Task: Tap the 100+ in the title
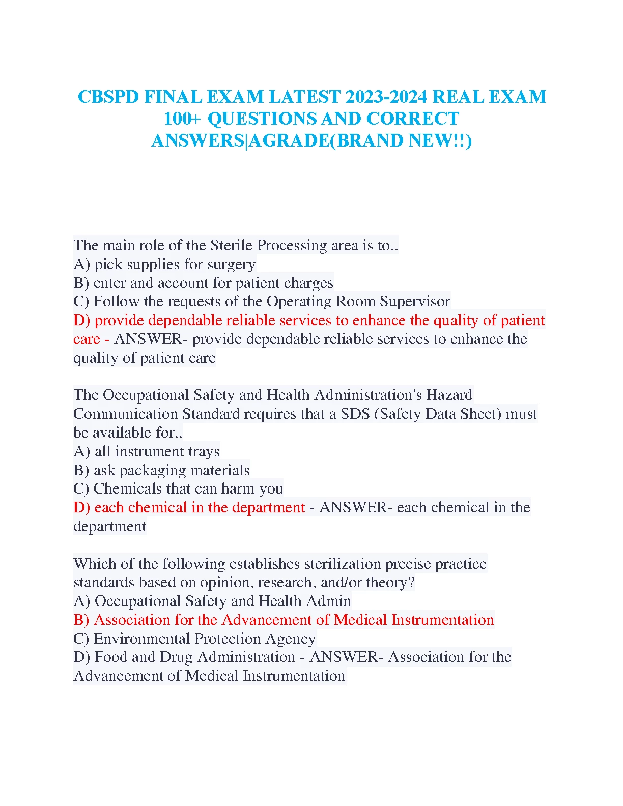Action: (182, 119)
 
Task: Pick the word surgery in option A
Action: (233, 265)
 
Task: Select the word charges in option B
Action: (308, 283)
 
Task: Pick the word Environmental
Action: (142, 639)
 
